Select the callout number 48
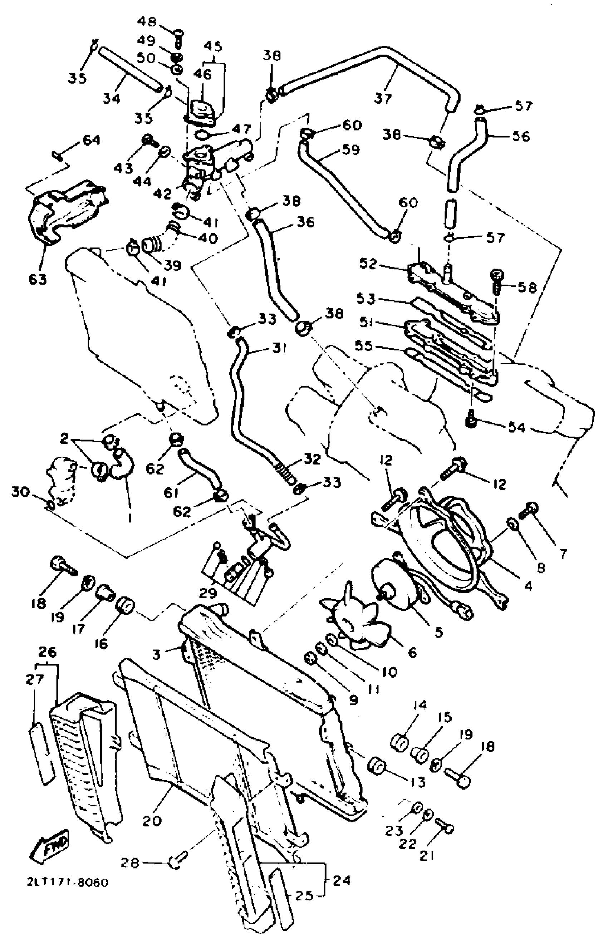point(146,22)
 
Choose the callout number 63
point(38,279)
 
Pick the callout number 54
point(516,427)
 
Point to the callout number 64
point(91,140)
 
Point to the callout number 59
point(351,150)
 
